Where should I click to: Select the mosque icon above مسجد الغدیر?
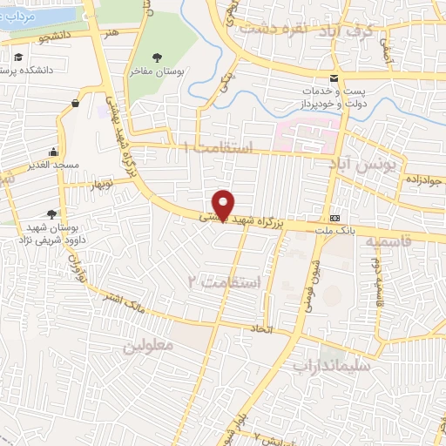(x=54, y=151)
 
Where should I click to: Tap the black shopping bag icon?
(x=75, y=104)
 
